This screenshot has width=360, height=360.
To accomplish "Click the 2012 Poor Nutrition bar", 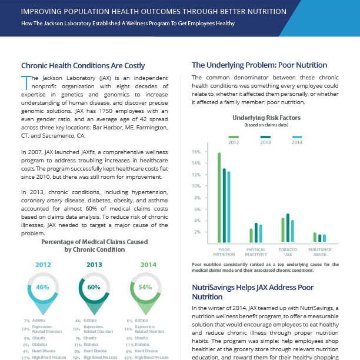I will (219, 198).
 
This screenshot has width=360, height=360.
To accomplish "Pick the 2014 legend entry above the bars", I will (296, 141).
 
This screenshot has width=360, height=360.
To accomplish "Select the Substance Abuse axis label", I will (319, 252).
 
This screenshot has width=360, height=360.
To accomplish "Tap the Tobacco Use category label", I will (288, 252).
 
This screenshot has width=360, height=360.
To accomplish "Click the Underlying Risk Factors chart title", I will (264, 118).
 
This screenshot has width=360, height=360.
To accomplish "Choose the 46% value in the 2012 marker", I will (43, 288).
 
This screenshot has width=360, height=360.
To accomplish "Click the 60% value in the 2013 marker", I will (94, 288).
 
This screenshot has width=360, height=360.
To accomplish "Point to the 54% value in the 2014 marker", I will (145, 288).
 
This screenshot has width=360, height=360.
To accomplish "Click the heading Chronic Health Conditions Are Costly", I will (83, 65).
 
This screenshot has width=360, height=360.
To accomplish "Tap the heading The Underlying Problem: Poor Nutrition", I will (259, 65).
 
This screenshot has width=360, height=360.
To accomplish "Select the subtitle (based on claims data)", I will (264, 125).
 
